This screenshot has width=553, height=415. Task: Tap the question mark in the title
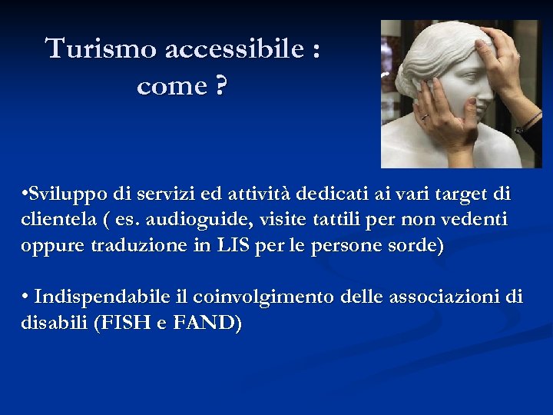220,86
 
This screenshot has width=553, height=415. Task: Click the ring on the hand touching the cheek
423,116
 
